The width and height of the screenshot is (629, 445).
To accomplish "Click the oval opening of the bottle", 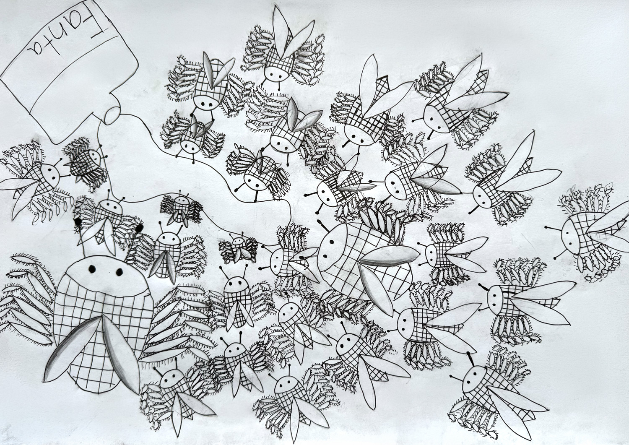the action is pos(112,115).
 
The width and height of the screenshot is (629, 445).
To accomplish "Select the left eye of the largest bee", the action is pos(92,269).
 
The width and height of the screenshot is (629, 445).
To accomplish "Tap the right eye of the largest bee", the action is pos(119,272).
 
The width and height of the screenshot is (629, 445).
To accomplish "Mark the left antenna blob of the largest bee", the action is pos(78,222).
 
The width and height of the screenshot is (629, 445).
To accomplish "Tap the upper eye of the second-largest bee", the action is pos(332,242).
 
